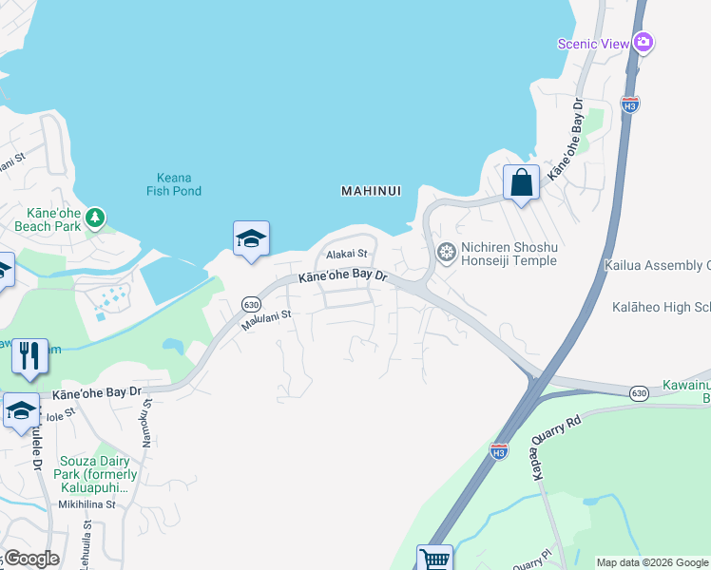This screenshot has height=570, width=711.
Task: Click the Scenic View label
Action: point(593,43)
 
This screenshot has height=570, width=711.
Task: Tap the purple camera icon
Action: point(644,42)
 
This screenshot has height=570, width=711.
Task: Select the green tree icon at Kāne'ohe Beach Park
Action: point(95,218)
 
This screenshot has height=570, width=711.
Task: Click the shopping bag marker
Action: point(522,181)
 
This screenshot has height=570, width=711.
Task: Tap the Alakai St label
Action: point(346,255)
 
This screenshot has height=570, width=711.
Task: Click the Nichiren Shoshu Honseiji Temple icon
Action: point(446,252)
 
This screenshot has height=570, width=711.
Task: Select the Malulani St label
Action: point(263,322)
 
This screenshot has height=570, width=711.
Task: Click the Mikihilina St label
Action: point(84,504)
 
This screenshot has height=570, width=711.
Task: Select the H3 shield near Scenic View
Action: point(629,103)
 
